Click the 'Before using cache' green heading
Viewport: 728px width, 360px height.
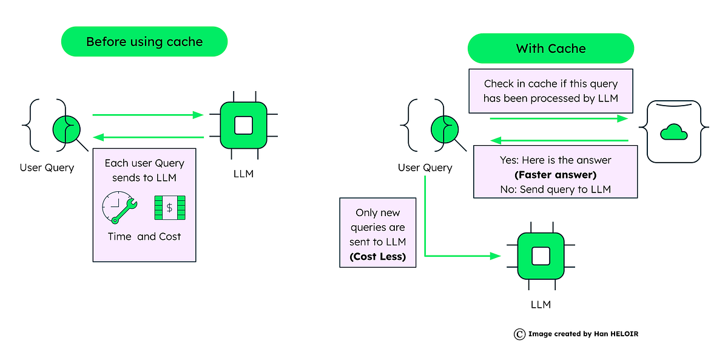(x=144, y=42)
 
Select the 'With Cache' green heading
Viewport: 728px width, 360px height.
(x=550, y=49)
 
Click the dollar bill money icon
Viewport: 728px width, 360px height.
(x=170, y=208)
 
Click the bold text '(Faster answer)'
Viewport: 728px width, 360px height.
(x=554, y=175)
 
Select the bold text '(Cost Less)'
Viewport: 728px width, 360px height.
(x=377, y=256)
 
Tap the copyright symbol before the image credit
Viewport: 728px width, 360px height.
(x=519, y=333)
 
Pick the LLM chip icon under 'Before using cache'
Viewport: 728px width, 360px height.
(x=243, y=125)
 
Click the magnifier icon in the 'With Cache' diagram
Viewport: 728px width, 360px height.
(x=445, y=129)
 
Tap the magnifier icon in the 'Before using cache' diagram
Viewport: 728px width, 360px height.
(x=68, y=129)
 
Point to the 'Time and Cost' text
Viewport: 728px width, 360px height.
(x=144, y=237)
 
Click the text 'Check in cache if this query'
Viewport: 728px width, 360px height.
(x=550, y=84)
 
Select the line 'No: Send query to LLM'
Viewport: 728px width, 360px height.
(x=554, y=189)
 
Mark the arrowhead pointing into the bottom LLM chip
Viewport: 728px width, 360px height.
(x=496, y=256)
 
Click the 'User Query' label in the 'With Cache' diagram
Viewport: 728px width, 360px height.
(x=425, y=168)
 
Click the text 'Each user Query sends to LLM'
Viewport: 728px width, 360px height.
(x=144, y=170)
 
